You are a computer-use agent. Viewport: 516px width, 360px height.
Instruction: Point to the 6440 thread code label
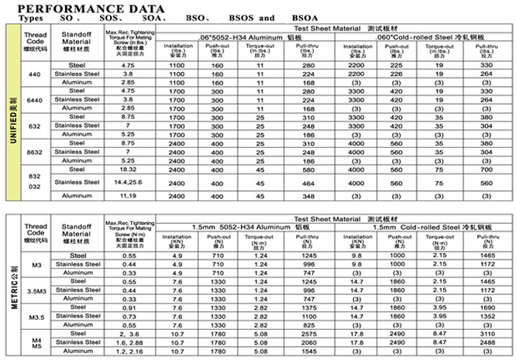35,99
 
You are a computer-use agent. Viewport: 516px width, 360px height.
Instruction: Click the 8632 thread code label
35,151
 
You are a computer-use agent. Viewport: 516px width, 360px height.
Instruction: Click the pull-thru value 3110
486,334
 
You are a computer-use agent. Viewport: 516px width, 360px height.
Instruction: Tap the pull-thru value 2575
310,334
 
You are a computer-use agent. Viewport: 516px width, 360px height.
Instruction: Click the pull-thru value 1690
486,308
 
